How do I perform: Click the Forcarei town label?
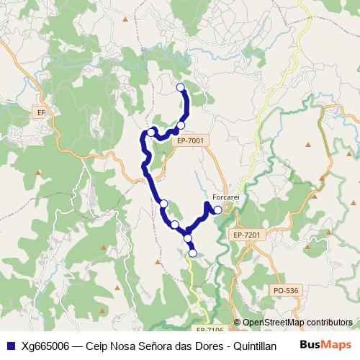click(x=226, y=197)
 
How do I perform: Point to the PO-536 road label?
click(x=286, y=290)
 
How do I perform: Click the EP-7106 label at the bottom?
click(x=210, y=329)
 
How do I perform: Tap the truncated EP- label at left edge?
click(x=41, y=112)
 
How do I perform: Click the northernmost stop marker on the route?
click(x=180, y=88)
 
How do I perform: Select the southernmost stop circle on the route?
click(x=193, y=253)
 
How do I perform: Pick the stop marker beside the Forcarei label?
click(x=217, y=210)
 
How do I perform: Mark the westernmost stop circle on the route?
click(x=151, y=132)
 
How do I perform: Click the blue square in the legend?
click(x=10, y=345)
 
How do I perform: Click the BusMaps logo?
click(x=326, y=344)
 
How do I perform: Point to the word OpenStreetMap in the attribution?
click(x=274, y=322)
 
